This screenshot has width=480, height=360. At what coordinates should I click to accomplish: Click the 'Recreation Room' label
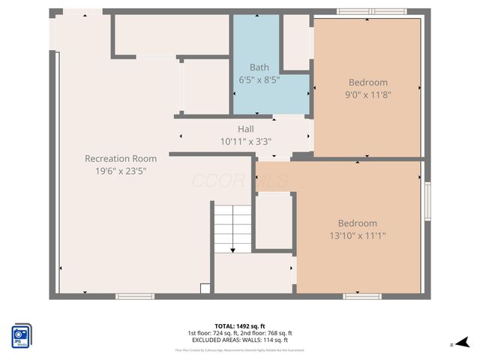tap(120, 158)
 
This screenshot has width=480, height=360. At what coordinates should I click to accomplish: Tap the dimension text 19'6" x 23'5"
tap(120, 170)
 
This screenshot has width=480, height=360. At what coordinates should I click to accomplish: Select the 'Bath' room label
tap(259, 67)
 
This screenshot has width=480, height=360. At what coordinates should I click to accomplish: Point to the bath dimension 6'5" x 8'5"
tap(259, 79)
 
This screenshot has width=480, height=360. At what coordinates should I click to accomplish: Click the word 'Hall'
tap(246, 129)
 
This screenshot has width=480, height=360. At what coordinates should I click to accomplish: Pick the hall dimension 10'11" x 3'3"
tap(246, 141)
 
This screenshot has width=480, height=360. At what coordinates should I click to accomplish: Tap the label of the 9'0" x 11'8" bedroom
tap(368, 82)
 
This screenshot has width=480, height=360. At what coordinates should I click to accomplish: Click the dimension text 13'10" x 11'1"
tap(358, 235)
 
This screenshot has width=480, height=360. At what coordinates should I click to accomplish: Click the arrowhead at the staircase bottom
tap(232, 250)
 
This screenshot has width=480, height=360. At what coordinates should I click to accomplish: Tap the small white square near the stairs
tap(205, 288)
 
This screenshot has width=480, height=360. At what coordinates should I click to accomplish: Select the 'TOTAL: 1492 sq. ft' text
tap(239, 326)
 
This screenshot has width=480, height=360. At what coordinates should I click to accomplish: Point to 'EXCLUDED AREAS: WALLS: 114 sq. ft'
tap(239, 340)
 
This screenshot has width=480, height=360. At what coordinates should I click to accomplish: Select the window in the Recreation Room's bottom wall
tap(135, 296)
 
